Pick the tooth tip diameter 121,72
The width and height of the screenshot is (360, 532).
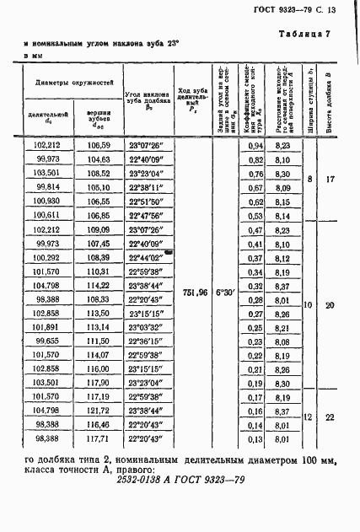pyautogui.click(x=99, y=410)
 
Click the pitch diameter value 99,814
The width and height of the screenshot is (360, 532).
pyautogui.click(x=47, y=187)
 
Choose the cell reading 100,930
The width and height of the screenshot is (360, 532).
pyautogui.click(x=47, y=202)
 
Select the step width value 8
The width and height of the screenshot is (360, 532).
pyautogui.click(x=310, y=180)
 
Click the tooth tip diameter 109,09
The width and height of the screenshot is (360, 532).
pyautogui.click(x=99, y=229)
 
